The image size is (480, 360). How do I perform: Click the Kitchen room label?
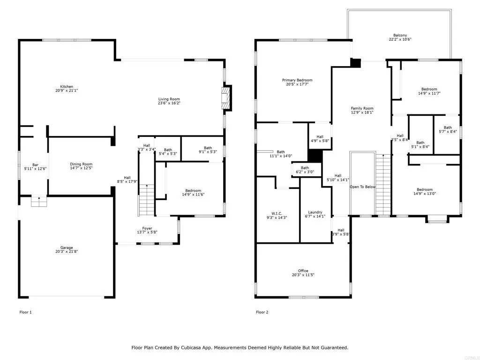tap(66, 87)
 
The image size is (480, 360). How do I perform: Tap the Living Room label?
tap(169, 99)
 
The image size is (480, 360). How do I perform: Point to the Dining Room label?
tap(81, 164)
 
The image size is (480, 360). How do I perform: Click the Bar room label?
tap(35, 165)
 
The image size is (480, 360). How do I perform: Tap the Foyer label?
tap(147, 228)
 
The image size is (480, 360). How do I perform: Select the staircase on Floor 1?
tap(146, 200)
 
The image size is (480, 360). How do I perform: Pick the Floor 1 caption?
tap(26, 312)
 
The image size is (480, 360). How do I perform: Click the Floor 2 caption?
tap(262, 312)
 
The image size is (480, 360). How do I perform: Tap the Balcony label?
tap(400, 36)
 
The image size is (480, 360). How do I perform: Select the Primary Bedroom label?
tap(297, 80)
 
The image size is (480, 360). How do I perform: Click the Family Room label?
tap(362, 108)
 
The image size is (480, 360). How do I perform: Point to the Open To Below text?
tap(363, 187)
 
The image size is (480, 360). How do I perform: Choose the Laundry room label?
tap(315, 212)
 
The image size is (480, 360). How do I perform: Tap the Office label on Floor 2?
tap(303, 270)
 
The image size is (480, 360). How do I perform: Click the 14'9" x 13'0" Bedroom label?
tap(426, 190)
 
